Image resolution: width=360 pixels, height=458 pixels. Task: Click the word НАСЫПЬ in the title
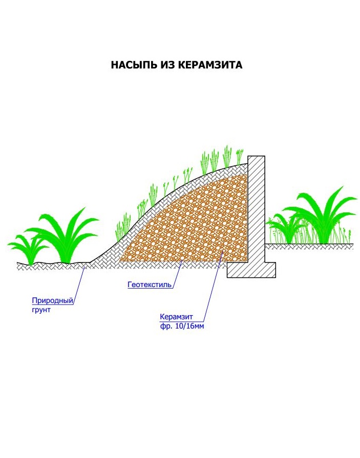coord(134,65)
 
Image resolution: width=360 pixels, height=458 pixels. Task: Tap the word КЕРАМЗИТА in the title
coord(210,65)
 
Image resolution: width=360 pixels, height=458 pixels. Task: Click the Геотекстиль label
coord(150,284)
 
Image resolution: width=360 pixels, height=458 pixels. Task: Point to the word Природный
coord(53,300)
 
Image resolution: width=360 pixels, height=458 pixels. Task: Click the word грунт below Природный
coord(41,310)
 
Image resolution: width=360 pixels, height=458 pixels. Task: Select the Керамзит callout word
coord(176,317)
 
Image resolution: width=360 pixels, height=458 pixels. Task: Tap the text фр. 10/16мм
coord(182,326)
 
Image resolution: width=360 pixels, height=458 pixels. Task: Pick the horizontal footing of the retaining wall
coord(251,270)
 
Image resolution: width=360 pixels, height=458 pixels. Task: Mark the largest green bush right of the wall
coord(322,216)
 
